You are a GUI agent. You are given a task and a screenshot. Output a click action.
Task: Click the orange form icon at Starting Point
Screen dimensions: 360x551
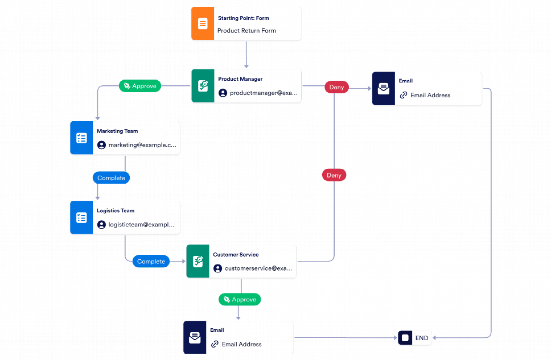click(x=203, y=24)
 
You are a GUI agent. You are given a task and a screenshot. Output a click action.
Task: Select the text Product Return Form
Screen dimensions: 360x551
click(x=246, y=31)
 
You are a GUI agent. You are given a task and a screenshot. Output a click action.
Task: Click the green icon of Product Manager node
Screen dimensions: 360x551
click(x=203, y=86)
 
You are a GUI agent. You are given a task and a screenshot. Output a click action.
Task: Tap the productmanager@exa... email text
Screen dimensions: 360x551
click(x=264, y=93)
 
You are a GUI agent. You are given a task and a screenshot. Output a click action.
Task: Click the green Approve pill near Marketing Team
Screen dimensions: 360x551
click(x=140, y=86)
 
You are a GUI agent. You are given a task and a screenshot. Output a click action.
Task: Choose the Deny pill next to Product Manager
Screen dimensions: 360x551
click(x=336, y=88)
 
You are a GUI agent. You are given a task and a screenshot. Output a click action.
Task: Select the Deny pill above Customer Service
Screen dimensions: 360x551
click(x=334, y=175)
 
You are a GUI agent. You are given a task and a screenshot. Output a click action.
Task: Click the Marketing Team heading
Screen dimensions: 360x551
click(x=117, y=131)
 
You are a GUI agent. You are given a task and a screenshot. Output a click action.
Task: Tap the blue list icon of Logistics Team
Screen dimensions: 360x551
click(x=81, y=218)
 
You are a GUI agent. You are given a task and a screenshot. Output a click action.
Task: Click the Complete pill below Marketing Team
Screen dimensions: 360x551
click(x=111, y=178)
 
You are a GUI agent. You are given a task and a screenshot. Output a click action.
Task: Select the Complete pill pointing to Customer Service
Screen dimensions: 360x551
click(x=151, y=262)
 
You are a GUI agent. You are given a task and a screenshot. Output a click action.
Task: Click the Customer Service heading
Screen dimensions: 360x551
click(x=236, y=255)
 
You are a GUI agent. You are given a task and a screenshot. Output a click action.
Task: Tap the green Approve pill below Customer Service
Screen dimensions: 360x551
click(x=240, y=299)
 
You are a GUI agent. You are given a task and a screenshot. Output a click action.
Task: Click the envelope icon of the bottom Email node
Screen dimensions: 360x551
click(x=195, y=338)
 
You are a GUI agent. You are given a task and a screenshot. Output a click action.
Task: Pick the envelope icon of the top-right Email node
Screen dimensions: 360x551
click(x=384, y=89)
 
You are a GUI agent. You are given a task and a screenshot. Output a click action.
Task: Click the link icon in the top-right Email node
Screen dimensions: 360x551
click(x=404, y=96)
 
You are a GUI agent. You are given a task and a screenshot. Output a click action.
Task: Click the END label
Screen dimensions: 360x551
click(x=422, y=338)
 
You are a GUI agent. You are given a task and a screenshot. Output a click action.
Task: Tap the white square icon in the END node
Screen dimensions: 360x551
click(x=405, y=338)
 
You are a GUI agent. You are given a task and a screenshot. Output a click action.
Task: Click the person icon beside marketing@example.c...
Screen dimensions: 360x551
click(x=101, y=145)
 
